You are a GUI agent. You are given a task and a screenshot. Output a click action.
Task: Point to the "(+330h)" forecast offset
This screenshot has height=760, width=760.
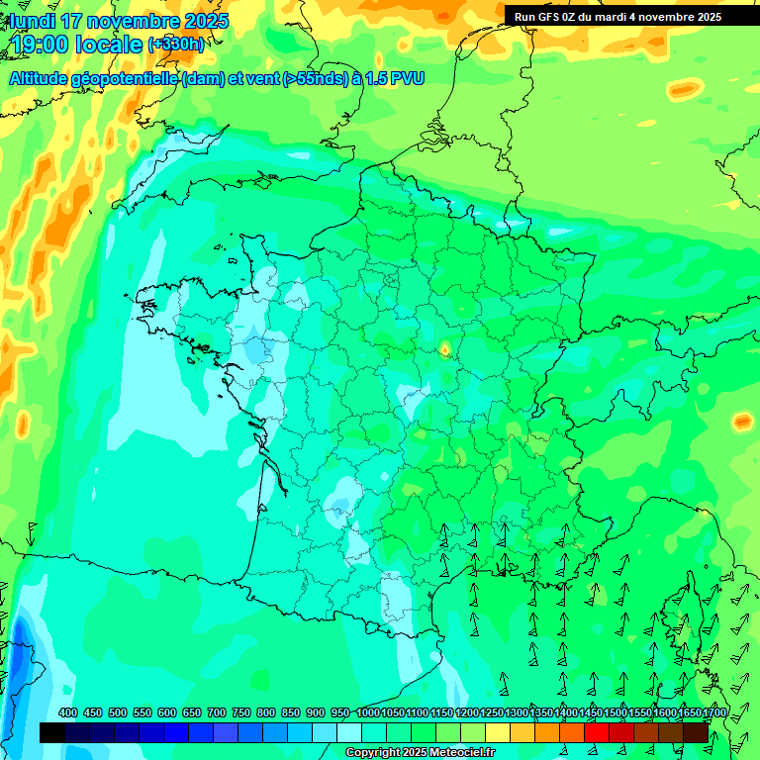176,45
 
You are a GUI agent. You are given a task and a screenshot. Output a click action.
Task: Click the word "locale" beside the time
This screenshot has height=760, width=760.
111,45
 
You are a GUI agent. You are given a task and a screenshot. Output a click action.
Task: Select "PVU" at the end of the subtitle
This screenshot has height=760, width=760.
406,78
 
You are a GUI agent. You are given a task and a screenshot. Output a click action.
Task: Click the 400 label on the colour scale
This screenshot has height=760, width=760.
68,712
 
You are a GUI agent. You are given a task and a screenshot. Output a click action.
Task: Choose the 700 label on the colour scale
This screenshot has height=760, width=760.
216,712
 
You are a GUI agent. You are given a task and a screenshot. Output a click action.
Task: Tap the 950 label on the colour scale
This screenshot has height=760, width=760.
340,712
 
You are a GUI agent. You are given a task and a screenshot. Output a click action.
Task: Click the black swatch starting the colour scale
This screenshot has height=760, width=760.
52,732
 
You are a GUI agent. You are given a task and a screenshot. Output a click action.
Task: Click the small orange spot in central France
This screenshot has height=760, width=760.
444,348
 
